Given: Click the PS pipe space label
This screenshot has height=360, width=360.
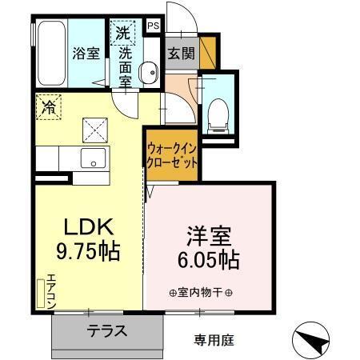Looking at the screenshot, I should [154, 26].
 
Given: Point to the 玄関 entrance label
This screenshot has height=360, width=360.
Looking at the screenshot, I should [180, 54].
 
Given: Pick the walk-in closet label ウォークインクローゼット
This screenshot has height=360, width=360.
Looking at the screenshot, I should [171, 154].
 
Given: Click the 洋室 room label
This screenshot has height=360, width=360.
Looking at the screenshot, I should [210, 236].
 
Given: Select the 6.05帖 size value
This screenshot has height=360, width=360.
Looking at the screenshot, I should [210, 260].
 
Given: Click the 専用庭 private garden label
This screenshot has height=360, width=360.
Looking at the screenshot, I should [213, 340].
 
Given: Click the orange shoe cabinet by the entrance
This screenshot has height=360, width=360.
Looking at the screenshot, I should [208, 52].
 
